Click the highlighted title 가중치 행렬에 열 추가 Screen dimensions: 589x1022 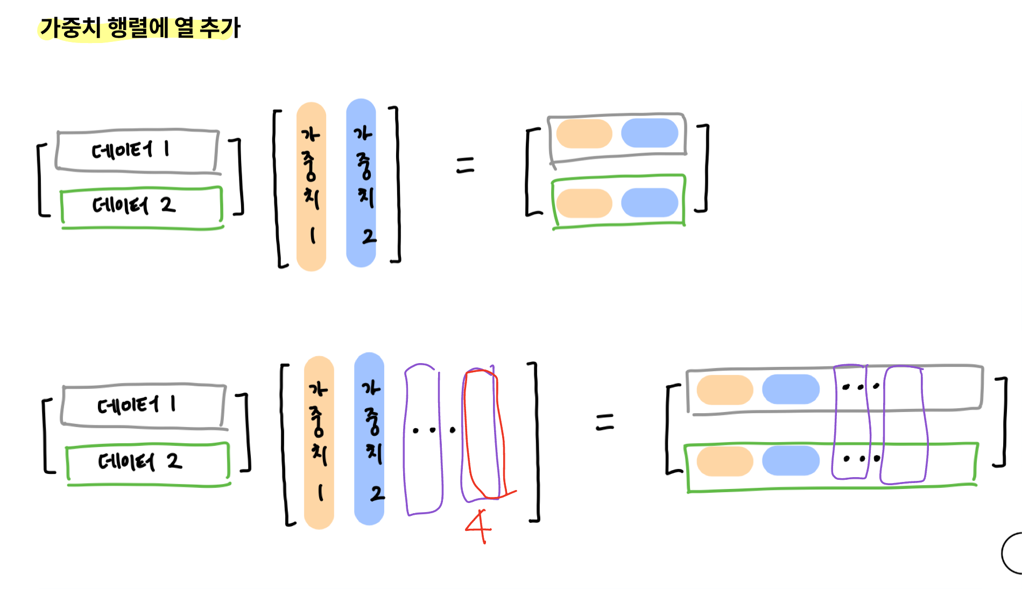coord(140,27)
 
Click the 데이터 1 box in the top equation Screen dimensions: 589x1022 coord(137,150)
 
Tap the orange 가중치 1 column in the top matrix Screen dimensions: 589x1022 coord(311,186)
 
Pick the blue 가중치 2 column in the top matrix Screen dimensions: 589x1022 coord(361,183)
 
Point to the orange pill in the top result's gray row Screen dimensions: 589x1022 coord(584,133)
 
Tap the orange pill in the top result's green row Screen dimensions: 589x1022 coord(584,203)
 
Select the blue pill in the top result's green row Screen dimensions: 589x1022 coord(650,203)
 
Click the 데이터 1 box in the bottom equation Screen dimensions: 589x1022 coord(143,405)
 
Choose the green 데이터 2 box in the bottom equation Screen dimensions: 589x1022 coord(147,462)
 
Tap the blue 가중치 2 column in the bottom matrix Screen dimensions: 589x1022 coord(369,438)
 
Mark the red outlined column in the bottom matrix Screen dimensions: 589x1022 coord(483,434)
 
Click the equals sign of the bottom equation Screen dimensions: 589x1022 coord(605,422)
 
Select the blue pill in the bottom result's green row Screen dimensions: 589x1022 coord(791,461)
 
